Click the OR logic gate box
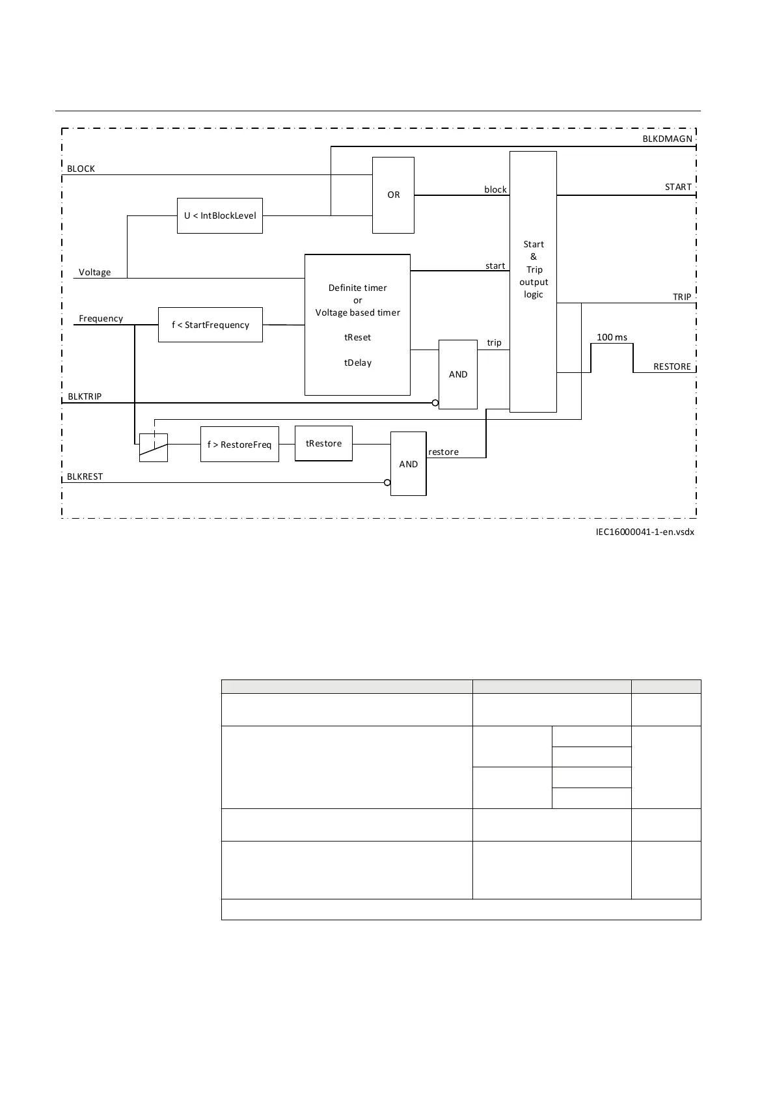[393, 195]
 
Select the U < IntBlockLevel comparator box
[220, 215]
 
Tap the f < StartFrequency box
[210, 325]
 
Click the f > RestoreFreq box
[239, 445]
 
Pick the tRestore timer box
[323, 443]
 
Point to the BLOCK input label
[81, 169]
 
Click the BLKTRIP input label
[85, 396]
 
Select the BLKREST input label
[85, 476]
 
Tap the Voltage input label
[94, 272]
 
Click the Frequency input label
[101, 318]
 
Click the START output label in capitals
[678, 187]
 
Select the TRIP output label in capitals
[682, 297]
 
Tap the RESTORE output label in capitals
[672, 366]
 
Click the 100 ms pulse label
[612, 337]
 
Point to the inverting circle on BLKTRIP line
[435, 403]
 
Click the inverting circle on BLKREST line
[387, 482]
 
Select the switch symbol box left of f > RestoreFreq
[154, 448]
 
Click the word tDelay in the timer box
[358, 363]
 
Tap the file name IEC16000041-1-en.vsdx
[645, 532]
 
